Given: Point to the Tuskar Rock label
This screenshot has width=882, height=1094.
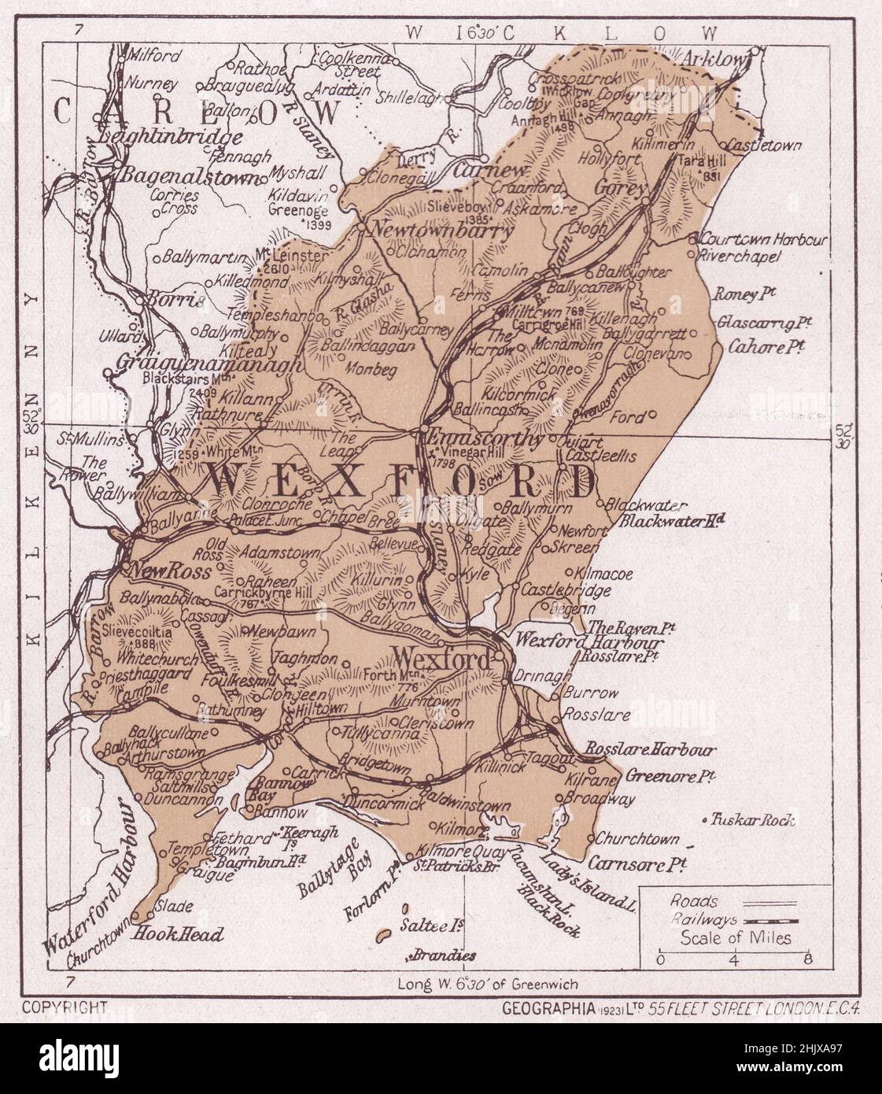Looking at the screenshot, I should tap(753, 820).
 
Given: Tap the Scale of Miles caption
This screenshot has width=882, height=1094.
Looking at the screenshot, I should tap(736, 937).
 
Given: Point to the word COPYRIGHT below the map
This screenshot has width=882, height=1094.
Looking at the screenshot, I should tap(65, 1006).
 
